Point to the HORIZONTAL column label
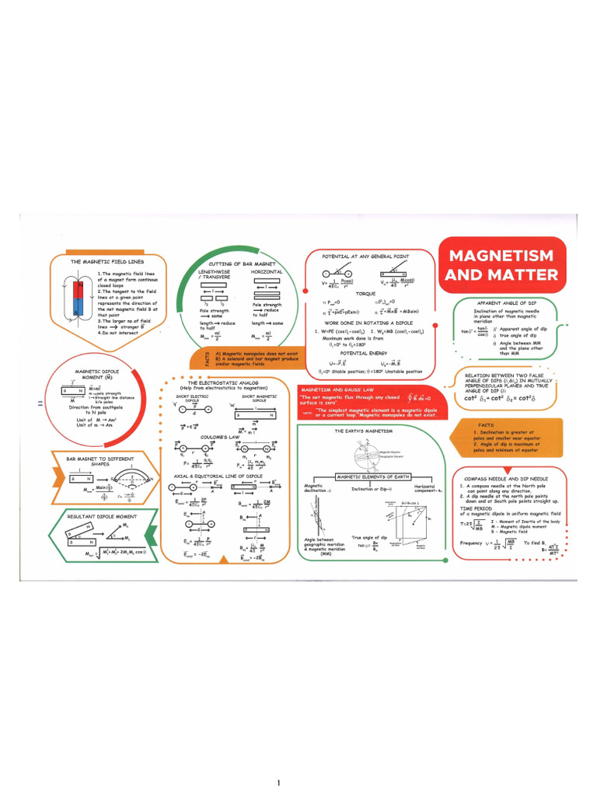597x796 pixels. (x=267, y=272)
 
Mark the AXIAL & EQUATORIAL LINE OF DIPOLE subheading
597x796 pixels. (x=218, y=475)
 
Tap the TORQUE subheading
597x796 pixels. (x=365, y=294)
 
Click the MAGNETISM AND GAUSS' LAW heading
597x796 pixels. (x=338, y=389)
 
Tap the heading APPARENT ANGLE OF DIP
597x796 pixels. (x=509, y=302)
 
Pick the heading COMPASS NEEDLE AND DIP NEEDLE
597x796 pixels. (x=505, y=479)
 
